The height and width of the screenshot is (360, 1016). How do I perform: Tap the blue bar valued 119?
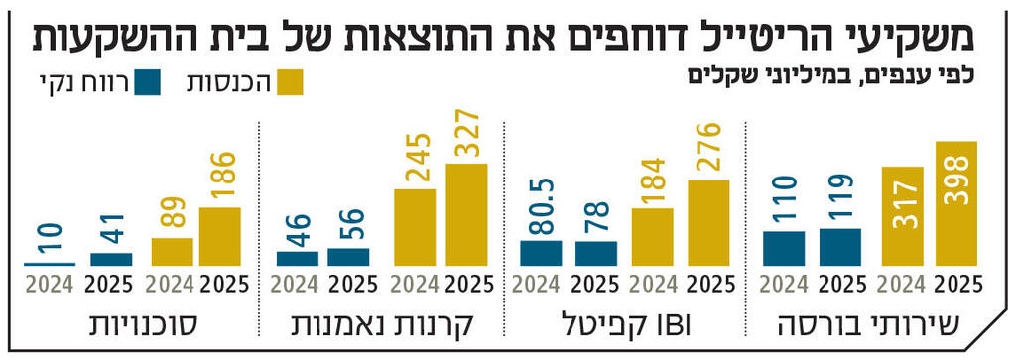click(x=840, y=247)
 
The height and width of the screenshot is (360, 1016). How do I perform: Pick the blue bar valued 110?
click(x=784, y=248)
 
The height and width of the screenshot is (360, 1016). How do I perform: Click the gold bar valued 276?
click(x=707, y=223)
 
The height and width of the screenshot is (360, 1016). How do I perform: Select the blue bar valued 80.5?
click(x=540, y=253)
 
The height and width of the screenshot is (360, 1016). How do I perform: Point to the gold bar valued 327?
click(x=466, y=215)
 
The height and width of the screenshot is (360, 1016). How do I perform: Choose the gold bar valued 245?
click(x=415, y=227)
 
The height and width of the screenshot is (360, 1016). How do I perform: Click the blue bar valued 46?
click(x=297, y=259)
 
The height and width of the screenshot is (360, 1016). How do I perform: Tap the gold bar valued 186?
click(x=219, y=237)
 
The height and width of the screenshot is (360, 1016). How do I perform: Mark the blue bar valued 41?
click(x=110, y=260)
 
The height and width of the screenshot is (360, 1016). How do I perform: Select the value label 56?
click(x=348, y=226)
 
